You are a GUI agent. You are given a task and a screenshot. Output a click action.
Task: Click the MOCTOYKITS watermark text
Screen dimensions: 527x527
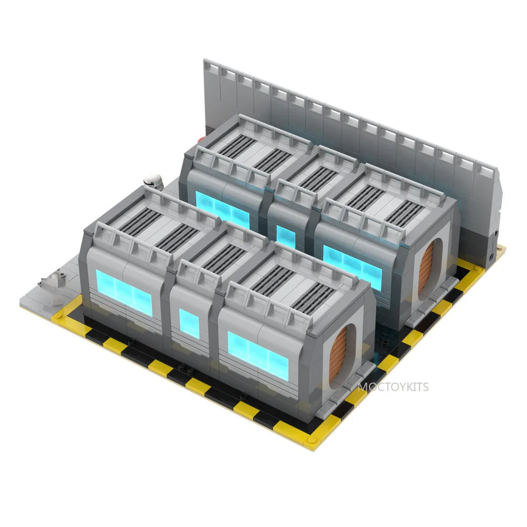pos(393,387)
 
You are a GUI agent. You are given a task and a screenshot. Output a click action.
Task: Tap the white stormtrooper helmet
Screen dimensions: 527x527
pos(153,180)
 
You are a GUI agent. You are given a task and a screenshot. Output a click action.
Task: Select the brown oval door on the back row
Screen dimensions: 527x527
pos(426,269)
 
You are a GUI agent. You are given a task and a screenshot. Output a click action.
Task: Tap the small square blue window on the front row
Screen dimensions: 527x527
pos(189,324)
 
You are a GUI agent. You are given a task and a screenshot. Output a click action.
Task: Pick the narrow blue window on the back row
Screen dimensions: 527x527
pos(286,237)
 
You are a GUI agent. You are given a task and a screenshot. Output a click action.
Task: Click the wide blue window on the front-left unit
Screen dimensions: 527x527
pos(124,293)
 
